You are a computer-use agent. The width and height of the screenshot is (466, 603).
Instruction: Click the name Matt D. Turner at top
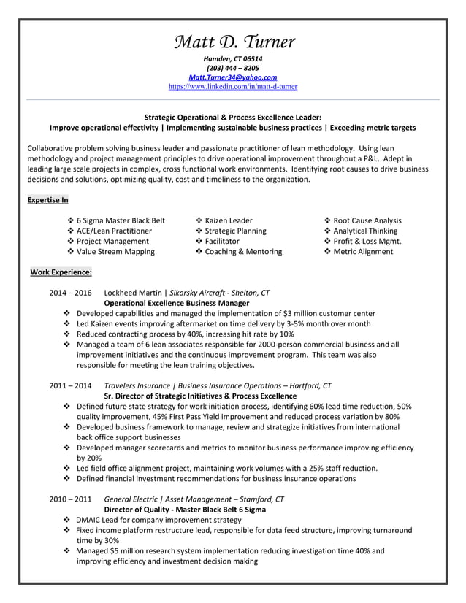[233, 41]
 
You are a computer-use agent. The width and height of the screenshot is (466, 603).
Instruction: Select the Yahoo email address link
[233, 77]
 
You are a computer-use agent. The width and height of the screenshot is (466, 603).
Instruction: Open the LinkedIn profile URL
[233, 87]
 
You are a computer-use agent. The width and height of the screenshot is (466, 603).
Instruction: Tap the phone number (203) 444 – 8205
[233, 68]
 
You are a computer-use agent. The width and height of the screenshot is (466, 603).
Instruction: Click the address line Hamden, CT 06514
[233, 58]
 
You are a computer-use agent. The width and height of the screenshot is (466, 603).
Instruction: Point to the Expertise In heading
[47, 200]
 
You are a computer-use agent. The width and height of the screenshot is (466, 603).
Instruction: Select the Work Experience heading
[61, 272]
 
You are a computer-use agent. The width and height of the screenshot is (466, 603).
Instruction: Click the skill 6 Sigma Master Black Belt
[121, 220]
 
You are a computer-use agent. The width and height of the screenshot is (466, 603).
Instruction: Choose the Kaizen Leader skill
[229, 220]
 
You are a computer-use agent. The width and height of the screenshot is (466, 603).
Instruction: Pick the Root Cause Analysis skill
[367, 220]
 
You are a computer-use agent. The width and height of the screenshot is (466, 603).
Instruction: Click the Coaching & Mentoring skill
[243, 252]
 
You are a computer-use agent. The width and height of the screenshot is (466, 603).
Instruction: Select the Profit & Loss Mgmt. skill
[367, 242]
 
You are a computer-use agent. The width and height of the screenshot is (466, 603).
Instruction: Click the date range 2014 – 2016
[70, 292]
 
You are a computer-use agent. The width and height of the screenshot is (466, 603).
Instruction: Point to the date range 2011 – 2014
[70, 385]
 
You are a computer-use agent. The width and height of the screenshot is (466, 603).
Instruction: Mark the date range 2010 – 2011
[70, 499]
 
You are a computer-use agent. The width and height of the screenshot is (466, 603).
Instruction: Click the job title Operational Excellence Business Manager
[177, 303]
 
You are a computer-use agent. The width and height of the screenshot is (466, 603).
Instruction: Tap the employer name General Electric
[134, 499]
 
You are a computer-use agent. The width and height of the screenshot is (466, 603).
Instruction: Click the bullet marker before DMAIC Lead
[67, 521]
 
